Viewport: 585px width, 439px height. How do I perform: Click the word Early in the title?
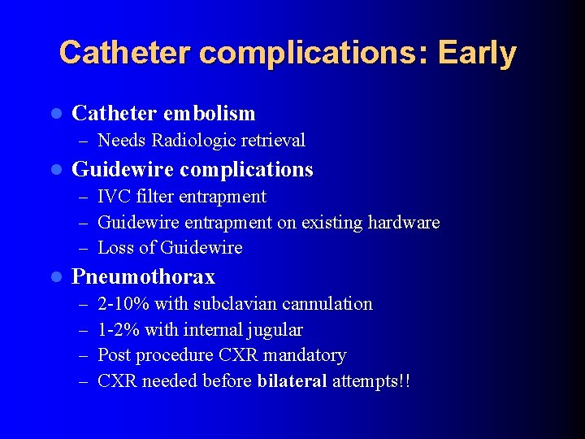coord(477,53)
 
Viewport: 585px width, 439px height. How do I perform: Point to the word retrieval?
coord(270,141)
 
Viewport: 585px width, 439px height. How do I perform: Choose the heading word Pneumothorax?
coord(144,277)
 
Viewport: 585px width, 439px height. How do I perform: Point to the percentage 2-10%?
coord(123,304)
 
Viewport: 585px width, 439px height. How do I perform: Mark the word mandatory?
coord(308,355)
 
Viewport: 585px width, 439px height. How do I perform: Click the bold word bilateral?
coord(292,381)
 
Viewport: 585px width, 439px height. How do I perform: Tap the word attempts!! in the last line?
coord(371,381)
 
